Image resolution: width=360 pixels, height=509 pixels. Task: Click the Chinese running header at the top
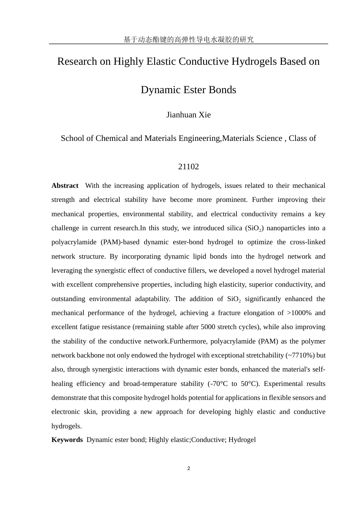coord(188,39)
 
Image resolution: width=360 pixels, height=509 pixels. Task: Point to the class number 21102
coord(188,167)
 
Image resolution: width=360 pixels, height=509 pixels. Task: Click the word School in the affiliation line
coord(73,138)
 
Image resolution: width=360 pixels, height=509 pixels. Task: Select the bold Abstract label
coord(65,186)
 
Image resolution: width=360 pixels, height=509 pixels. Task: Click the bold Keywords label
coord(67,440)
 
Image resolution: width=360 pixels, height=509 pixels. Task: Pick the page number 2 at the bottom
coord(189,468)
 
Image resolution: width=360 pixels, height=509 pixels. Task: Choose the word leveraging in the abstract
coord(67,270)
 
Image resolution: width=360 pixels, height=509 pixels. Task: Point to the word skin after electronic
coord(90,412)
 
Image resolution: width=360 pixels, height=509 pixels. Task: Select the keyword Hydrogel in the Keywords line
coord(242,440)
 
